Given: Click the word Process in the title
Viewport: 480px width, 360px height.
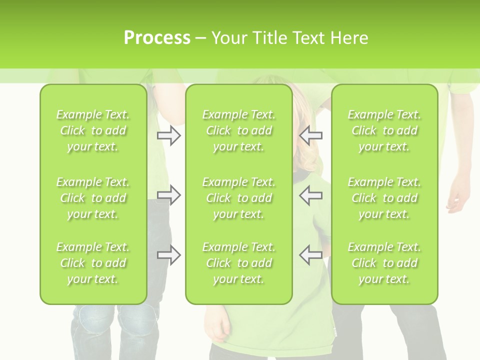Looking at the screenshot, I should click(157, 38).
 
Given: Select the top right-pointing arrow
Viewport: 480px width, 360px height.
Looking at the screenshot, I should click(168, 135).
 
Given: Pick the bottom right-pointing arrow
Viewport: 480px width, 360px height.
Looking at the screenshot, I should click(168, 255).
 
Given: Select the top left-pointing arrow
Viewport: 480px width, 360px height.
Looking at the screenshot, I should click(311, 135).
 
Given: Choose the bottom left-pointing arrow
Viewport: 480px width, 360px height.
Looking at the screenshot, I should click(311, 255).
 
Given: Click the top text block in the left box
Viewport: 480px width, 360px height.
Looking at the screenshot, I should click(93, 130).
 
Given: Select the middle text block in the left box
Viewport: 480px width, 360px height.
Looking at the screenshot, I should click(93, 198).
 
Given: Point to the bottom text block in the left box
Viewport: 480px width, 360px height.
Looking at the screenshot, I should click(93, 263).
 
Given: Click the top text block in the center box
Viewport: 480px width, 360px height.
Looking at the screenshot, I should click(239, 130).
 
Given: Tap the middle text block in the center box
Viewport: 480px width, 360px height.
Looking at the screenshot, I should click(239, 198).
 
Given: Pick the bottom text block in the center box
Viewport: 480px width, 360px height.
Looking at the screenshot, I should click(239, 263).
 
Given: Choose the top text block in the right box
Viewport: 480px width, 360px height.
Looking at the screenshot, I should click(384, 130).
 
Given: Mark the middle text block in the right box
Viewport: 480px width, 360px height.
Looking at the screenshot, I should click(384, 198).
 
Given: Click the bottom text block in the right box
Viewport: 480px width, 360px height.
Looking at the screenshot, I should click(384, 263).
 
